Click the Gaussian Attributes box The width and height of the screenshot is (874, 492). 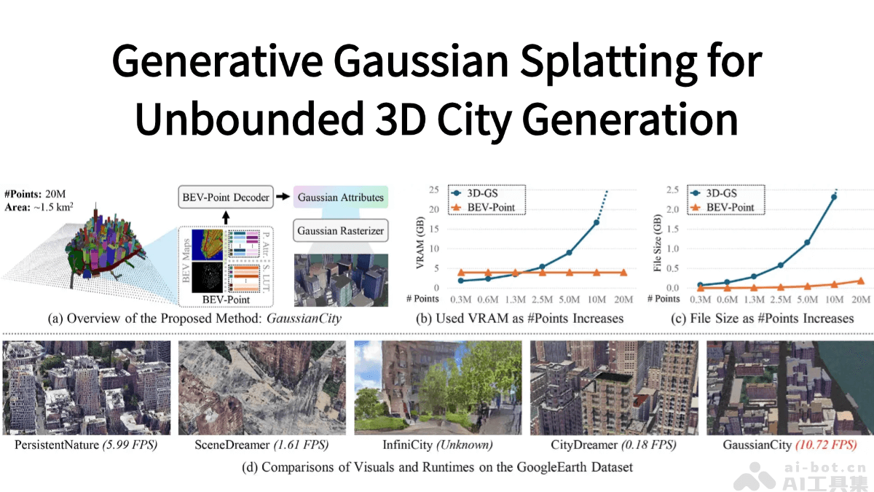pos(339,197)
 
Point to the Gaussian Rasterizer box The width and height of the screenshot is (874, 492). pos(339,232)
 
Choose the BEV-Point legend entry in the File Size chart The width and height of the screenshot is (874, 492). pos(722,208)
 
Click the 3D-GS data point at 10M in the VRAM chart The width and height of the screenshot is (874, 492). pos(596,222)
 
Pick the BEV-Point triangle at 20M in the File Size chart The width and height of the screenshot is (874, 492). pos(861,281)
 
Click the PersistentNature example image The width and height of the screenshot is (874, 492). pos(87,387)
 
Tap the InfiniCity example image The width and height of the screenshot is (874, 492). pos(437,387)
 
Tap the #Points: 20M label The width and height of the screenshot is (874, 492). pos(34,194)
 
